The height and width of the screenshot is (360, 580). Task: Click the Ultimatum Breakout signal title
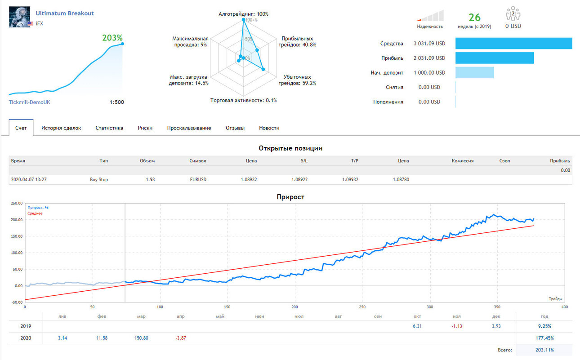point(65,13)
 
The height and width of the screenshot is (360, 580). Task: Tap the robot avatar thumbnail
point(19,17)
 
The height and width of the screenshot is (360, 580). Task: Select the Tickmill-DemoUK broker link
point(30,102)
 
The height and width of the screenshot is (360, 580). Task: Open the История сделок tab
point(61,128)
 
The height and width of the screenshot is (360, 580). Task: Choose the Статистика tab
point(109,128)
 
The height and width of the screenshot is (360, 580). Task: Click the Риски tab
point(145,128)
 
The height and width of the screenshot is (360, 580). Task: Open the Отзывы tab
point(235,128)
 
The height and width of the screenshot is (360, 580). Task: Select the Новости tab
point(269,128)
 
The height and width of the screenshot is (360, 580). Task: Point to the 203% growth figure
point(112,38)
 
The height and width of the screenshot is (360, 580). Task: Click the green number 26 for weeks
point(475,18)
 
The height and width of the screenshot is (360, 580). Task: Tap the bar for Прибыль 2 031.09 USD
point(495,58)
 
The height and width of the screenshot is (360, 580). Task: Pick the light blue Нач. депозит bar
point(475,72)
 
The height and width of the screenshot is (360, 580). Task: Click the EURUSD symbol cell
point(198,179)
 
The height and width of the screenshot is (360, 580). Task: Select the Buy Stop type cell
point(99,179)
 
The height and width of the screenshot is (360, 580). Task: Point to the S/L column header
point(304,161)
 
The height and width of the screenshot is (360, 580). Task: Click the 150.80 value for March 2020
point(141,338)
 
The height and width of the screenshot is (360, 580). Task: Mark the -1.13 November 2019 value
point(457,326)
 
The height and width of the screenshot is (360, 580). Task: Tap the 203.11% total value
point(545,350)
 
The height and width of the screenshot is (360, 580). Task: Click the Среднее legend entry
point(35,213)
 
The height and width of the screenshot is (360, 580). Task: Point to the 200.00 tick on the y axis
point(17,220)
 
